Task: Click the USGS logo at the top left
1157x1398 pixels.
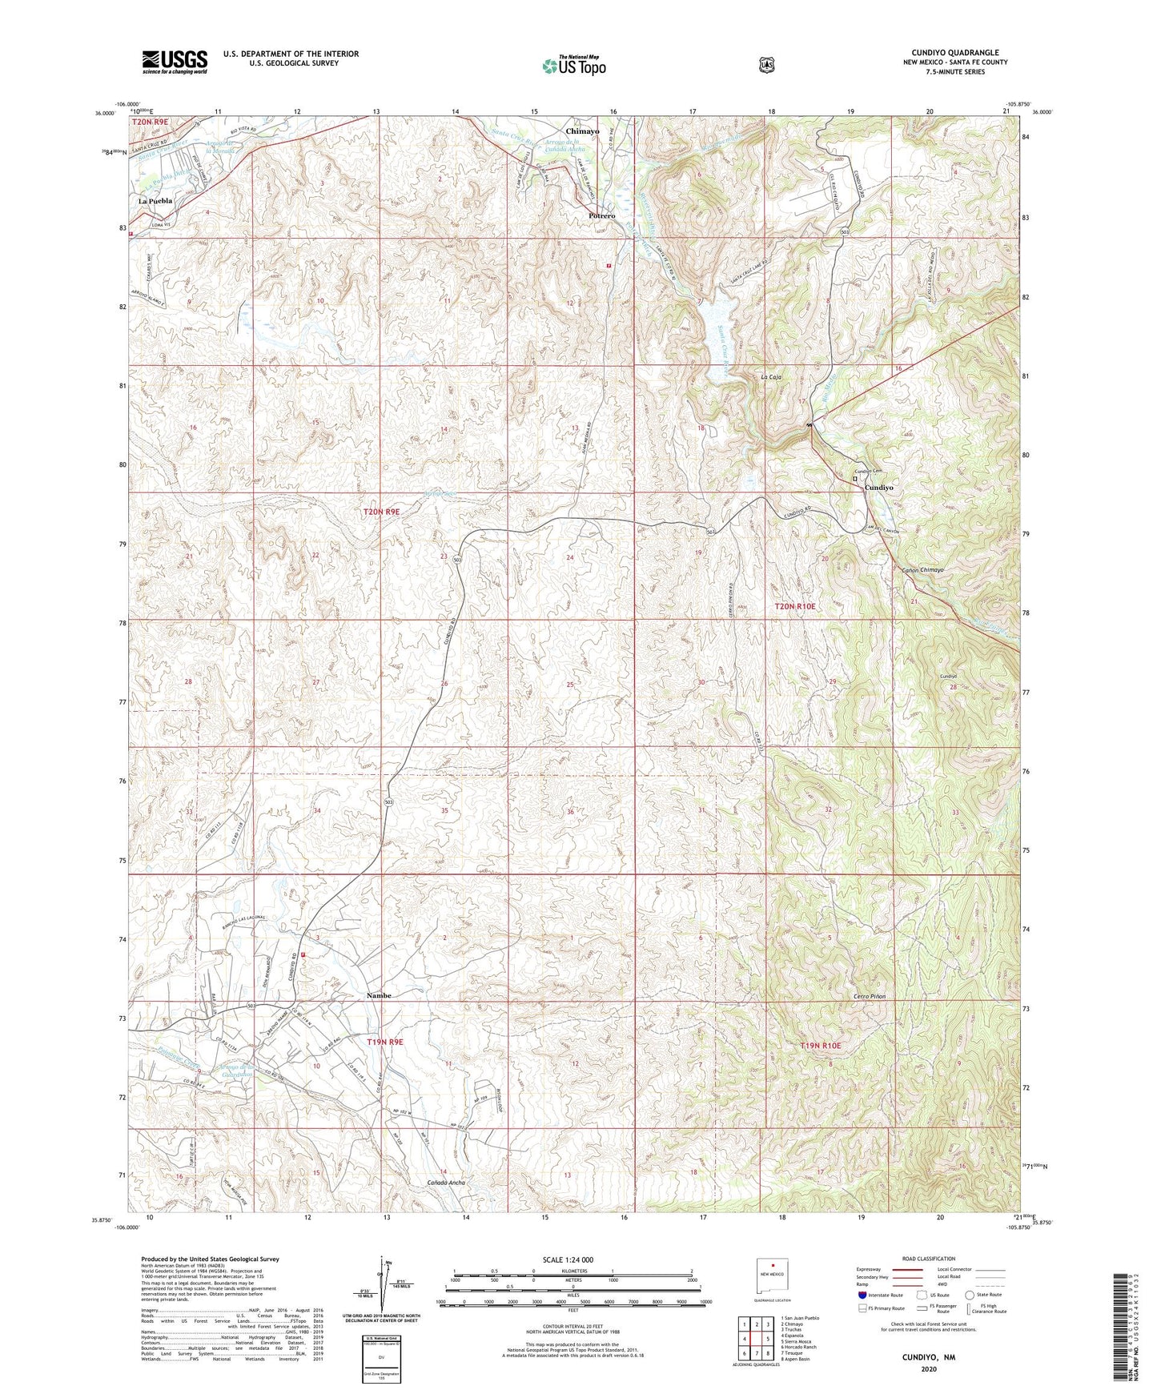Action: [175, 62]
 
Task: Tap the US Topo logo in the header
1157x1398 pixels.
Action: [572, 66]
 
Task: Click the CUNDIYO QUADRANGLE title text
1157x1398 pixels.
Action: [954, 53]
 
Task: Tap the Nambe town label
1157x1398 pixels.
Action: [379, 995]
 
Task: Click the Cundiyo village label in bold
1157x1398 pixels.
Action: [878, 487]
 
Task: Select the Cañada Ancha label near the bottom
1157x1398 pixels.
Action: [446, 1182]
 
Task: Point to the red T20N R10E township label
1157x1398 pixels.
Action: [794, 607]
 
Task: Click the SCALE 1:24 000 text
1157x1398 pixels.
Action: [568, 1259]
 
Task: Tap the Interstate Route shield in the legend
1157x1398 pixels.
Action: [862, 1294]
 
